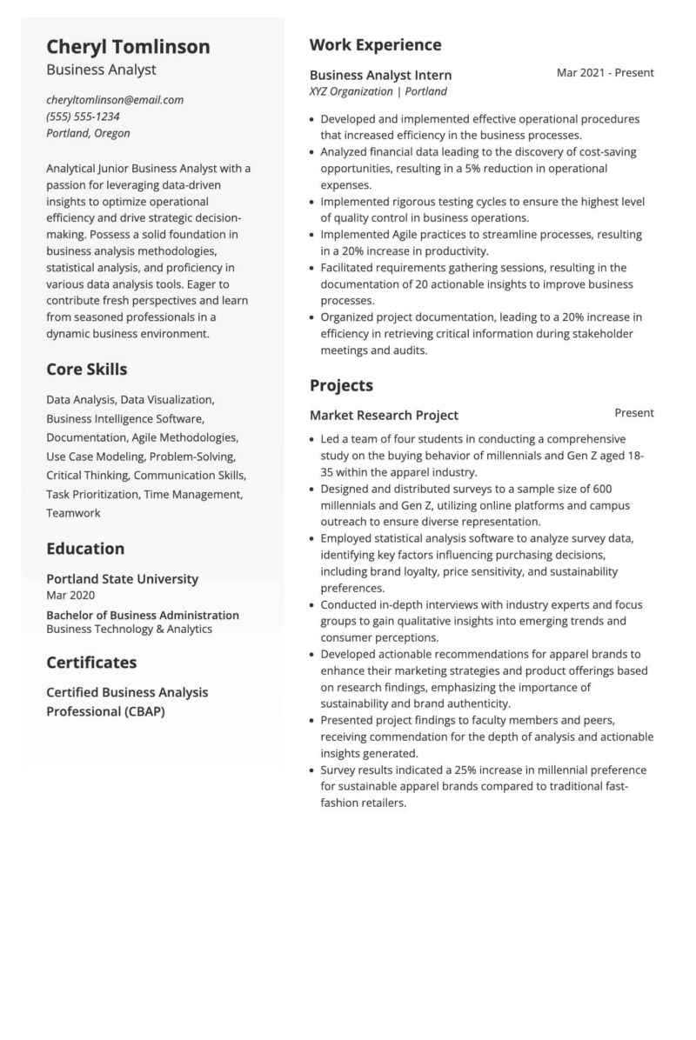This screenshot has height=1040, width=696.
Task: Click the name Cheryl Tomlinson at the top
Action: (x=128, y=47)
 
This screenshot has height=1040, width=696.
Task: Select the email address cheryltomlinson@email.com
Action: (x=115, y=100)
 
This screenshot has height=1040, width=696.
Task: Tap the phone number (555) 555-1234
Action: (x=83, y=117)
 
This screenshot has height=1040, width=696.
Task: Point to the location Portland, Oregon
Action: (x=88, y=133)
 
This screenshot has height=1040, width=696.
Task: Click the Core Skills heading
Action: (x=86, y=370)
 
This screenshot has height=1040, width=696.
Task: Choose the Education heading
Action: (x=85, y=549)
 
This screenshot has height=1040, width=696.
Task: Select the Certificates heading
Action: (x=91, y=663)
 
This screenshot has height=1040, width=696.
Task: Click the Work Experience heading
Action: (x=375, y=45)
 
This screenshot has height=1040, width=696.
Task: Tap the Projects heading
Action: (x=341, y=385)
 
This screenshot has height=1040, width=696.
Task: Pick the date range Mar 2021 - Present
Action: (x=605, y=73)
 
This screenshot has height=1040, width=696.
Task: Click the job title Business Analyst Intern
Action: (x=380, y=75)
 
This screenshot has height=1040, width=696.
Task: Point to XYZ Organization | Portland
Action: (x=378, y=91)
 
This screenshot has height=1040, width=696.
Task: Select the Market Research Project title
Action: (x=384, y=416)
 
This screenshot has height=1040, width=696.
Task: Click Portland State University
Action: (x=122, y=579)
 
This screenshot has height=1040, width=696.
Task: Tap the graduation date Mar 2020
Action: (x=70, y=596)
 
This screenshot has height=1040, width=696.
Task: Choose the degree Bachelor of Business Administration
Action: (x=142, y=615)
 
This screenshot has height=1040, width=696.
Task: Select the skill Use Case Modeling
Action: (x=95, y=457)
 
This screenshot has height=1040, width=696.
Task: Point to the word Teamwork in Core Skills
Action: (x=73, y=513)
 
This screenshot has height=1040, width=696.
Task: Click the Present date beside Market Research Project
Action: (x=633, y=413)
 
